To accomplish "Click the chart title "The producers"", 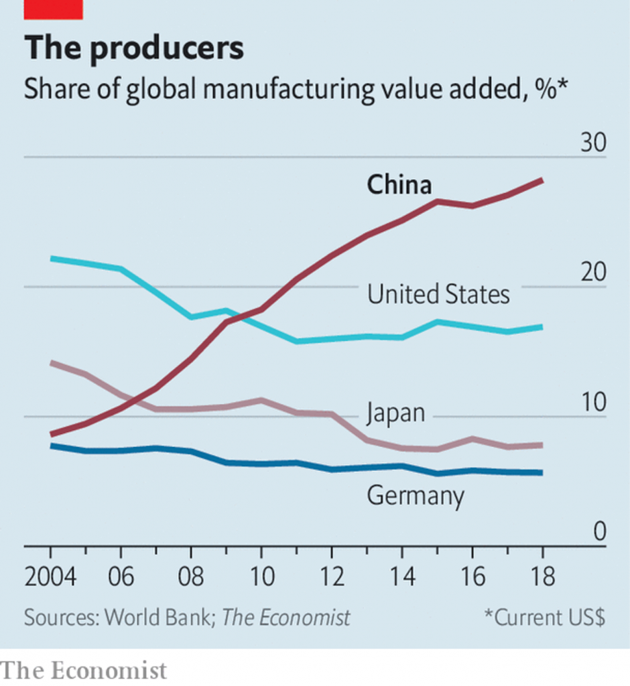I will pos(134,48).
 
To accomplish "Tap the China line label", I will pos(399,185).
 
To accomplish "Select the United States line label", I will pos(438,294).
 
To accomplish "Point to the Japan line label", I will pos(395,413).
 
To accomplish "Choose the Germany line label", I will pos(416,496).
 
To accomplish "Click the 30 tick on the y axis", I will pos(592,143).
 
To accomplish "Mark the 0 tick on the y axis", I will pos(598,532).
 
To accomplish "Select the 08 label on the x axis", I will pos(190,577).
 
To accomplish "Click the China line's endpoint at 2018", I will pos(542,180).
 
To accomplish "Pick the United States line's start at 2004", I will pos(52,259).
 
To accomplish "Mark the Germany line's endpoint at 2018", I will pos(542,472).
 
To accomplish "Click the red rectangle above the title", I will pos(53,9).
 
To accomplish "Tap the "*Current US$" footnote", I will pos(544,617).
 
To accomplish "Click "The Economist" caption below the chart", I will pos(83,670).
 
